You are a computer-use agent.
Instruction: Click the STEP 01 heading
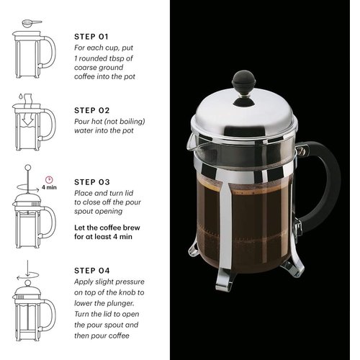pos(91,37)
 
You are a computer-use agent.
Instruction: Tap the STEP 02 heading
pos(91,110)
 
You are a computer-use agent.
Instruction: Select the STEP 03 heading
pos(92,182)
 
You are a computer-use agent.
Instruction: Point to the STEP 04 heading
pos(92,271)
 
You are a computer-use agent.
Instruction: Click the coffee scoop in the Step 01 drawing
pos(32,24)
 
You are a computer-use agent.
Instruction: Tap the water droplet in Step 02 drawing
pos(21,96)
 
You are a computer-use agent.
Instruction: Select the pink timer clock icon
pos(49,179)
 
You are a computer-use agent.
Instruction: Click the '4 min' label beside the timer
pos(49,187)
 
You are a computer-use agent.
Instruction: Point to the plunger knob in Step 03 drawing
pos(28,167)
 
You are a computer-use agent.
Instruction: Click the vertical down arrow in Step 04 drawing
pos(27,269)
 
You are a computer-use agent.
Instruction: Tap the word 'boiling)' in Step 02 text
pos(132,122)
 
